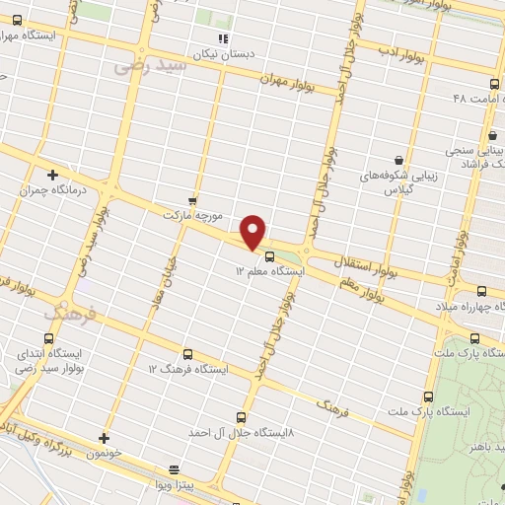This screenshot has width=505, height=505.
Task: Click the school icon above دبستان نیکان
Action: point(224,39)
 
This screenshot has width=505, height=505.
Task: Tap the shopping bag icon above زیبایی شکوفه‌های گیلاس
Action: point(397,160)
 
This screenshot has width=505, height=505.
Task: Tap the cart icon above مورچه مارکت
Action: point(193,199)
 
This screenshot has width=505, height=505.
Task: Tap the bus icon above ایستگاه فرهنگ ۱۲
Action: point(187,353)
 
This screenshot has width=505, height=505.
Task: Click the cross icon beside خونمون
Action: point(104,437)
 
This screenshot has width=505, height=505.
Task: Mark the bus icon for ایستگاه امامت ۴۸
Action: point(494,84)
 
